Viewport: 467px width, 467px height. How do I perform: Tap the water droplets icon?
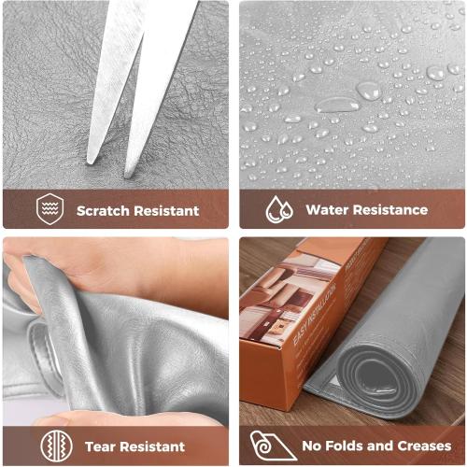[x=279, y=209]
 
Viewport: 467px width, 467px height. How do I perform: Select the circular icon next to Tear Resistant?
[x=57, y=446]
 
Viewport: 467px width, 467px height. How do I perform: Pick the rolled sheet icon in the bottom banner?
[x=269, y=446]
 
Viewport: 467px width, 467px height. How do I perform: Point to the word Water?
[x=328, y=210]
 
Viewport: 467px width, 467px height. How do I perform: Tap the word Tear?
[x=100, y=446]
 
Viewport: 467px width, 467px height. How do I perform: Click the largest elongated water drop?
[x=337, y=105]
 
